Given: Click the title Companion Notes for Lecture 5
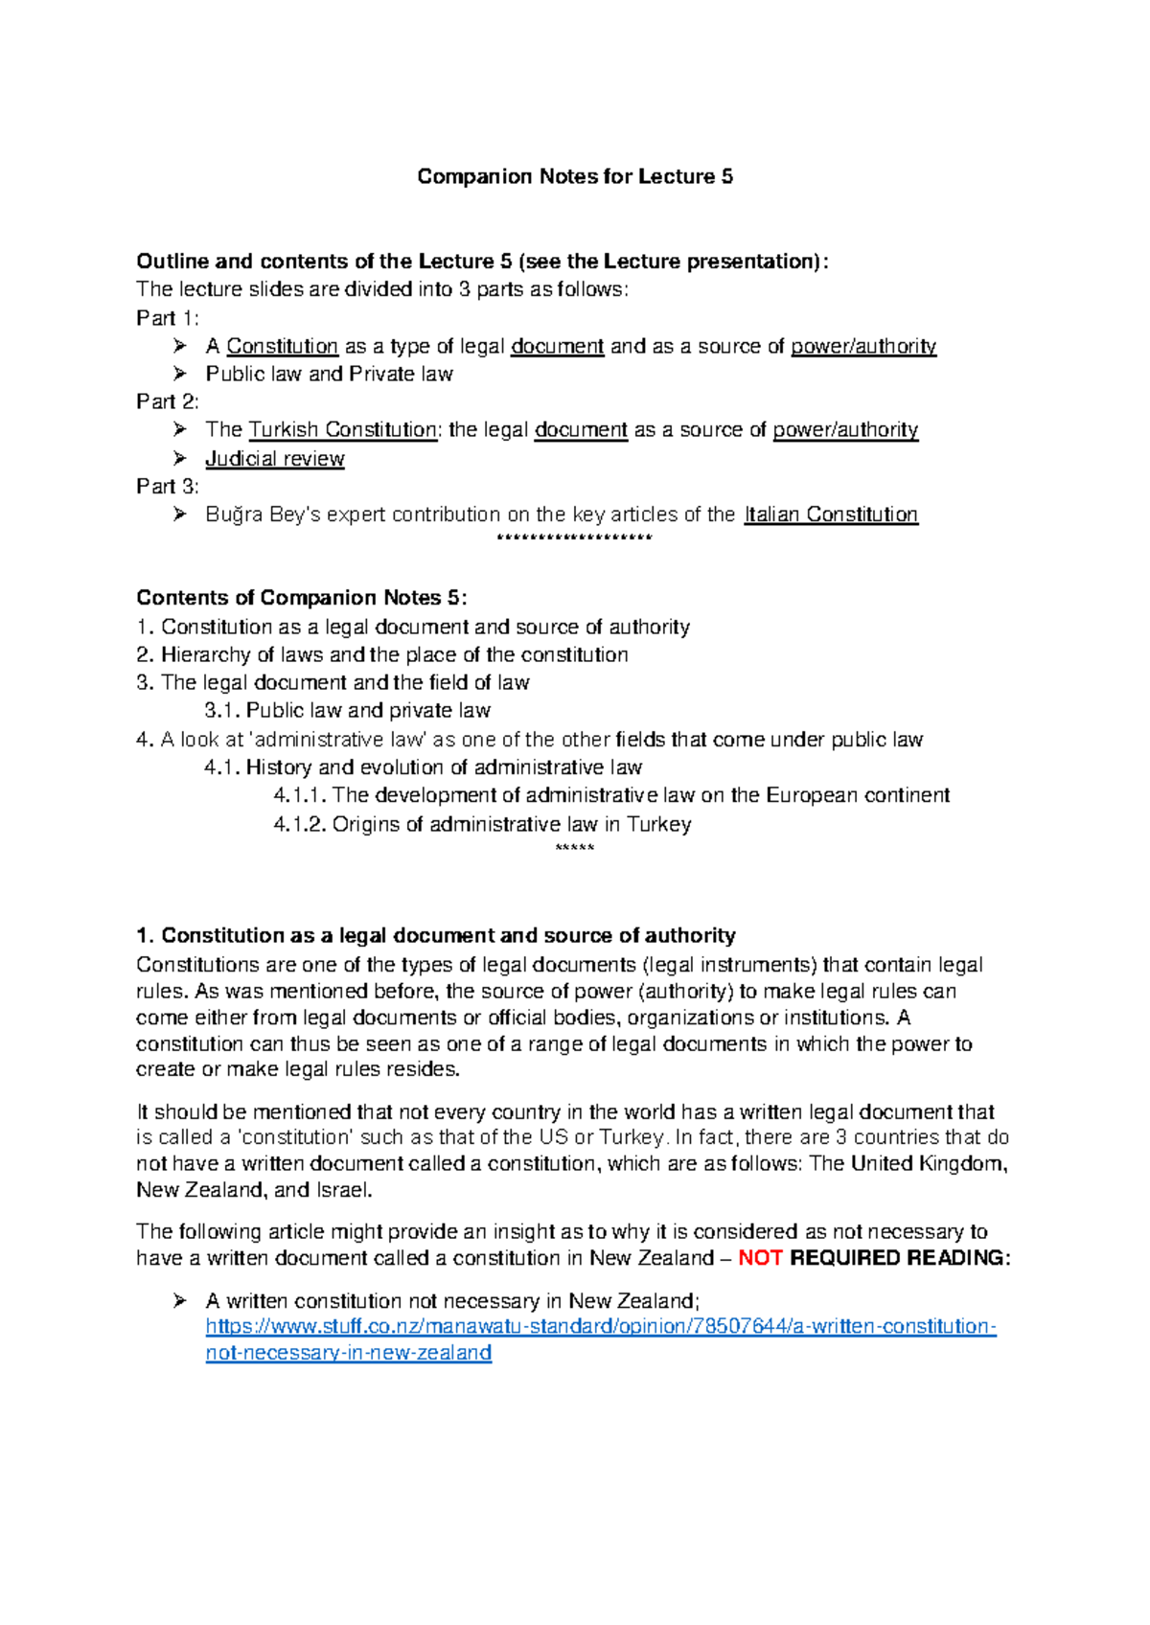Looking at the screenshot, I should click(575, 176).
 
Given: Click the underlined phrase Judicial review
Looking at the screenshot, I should click(274, 459).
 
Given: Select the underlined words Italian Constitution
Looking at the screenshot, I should click(831, 515).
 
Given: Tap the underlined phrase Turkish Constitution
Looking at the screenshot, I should click(342, 430).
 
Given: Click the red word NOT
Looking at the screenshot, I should click(761, 1258).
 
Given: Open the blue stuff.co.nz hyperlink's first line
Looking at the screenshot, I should click(601, 1327).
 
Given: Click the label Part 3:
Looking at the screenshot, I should click(168, 487).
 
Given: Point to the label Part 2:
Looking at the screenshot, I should click(168, 401).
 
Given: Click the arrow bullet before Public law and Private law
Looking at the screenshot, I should click(179, 374).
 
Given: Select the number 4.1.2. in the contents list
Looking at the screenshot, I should click(300, 825).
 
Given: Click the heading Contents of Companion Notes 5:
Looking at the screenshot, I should click(301, 598).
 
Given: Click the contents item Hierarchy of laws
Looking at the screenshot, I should click(394, 655).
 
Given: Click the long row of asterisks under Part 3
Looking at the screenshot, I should click(575, 538).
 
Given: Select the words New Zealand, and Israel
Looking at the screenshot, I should click(254, 1191).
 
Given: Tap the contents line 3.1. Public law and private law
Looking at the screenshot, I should click(347, 711).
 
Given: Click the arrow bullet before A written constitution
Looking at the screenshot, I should click(179, 1301).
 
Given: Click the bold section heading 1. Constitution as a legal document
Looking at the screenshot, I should click(436, 935).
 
